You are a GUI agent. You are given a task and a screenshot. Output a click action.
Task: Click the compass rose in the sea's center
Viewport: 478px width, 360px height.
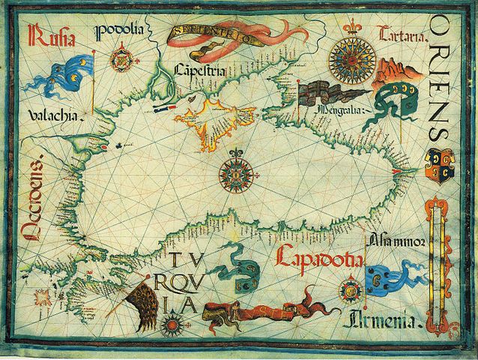tap(235, 172)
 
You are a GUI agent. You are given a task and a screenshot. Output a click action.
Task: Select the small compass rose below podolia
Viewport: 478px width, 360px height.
tap(120, 57)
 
